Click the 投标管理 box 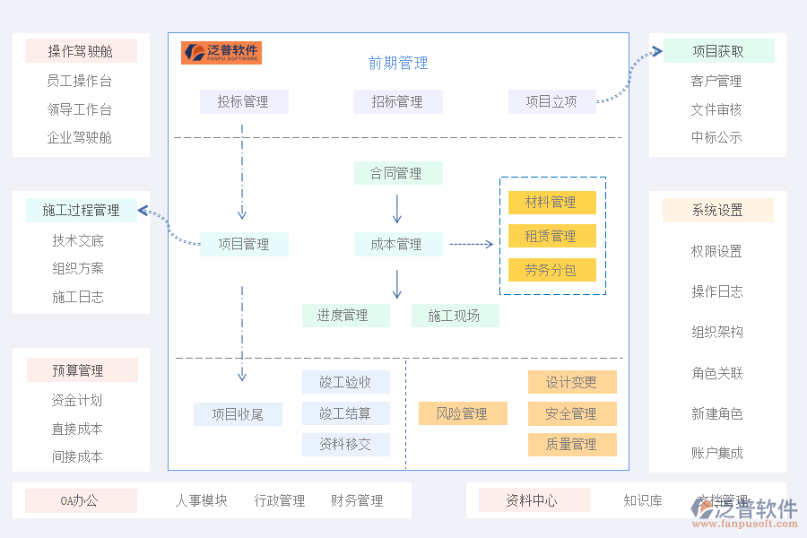(243, 101)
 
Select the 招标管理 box (397, 101)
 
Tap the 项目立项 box (551, 101)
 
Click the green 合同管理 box (397, 173)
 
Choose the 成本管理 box (397, 244)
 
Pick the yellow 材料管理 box (551, 203)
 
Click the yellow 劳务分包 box (551, 270)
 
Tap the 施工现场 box (455, 316)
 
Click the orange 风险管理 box (463, 413)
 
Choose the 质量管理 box (572, 444)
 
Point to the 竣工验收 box (345, 382)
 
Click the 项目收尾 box (238, 413)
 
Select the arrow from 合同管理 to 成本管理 (397, 208)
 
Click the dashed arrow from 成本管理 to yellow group (471, 244)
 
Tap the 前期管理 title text (397, 63)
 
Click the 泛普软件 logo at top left (221, 52)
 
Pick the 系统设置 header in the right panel (717, 210)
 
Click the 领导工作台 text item (80, 109)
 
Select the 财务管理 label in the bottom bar (357, 500)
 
